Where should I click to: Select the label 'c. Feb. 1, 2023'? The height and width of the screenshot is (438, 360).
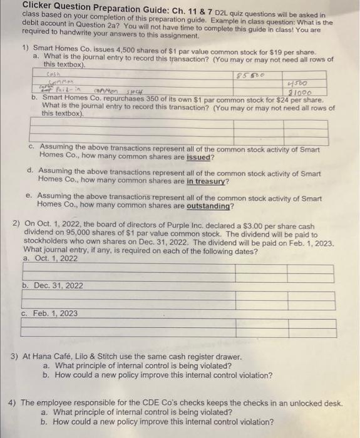pos(50,313)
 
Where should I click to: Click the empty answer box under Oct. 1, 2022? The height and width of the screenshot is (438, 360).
pos(178,273)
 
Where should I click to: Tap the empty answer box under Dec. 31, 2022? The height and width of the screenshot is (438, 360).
pos(178,300)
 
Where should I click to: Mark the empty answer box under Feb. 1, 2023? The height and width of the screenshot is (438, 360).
pos(178,328)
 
